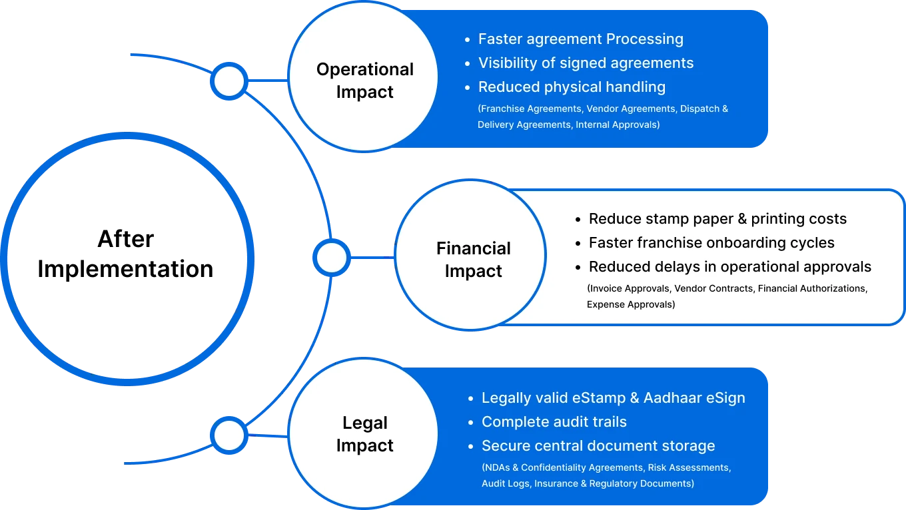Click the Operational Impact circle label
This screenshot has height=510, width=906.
[364, 81]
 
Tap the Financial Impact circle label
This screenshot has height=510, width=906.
[473, 260]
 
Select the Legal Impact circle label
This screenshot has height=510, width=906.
[364, 434]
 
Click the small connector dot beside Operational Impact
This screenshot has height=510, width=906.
[229, 82]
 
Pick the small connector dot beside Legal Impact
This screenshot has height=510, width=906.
[229, 436]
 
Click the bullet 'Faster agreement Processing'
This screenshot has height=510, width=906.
[580, 39]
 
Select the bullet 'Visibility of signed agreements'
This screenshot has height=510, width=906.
[586, 63]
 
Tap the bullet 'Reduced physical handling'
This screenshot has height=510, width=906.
[572, 87]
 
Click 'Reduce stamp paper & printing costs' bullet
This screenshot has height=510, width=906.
[717, 219]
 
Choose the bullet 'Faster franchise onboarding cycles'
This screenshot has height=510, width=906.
[711, 243]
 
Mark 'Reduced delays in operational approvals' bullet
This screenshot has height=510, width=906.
[729, 267]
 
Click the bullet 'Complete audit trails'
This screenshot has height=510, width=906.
[554, 422]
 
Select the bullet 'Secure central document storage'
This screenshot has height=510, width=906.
[598, 446]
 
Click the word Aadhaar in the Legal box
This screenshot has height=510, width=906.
[670, 398]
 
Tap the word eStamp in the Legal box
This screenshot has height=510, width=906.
[599, 398]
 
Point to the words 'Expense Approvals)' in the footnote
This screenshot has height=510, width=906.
[630, 305]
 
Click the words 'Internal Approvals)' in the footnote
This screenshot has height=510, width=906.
[618, 125]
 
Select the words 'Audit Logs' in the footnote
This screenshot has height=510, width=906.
[505, 484]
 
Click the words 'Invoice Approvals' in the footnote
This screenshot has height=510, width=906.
[629, 289]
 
